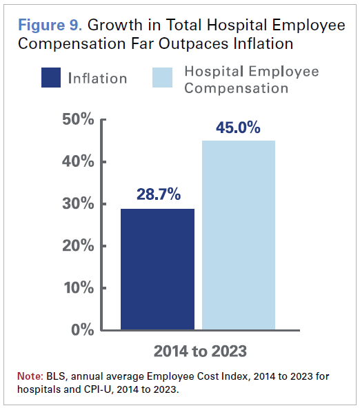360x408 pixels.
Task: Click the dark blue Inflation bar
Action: click(x=157, y=269)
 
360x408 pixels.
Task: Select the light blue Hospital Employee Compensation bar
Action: click(x=239, y=234)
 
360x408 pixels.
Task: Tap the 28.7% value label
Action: click(x=157, y=194)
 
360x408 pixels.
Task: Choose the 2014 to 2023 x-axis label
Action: click(x=199, y=351)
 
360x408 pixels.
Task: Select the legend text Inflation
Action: click(x=97, y=78)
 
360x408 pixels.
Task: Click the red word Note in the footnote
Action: click(x=30, y=377)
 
